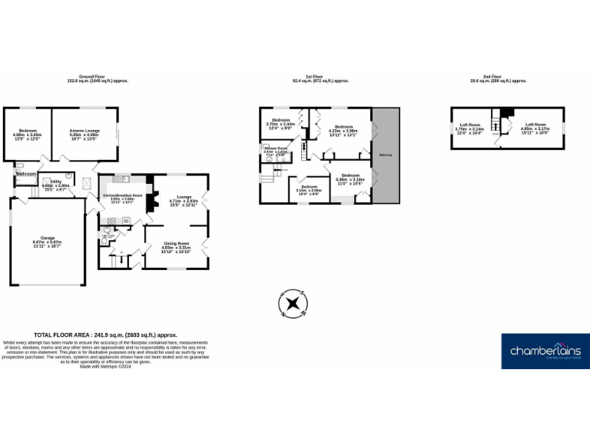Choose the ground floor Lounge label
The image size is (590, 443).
point(184,199)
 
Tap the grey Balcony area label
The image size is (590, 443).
point(386,155)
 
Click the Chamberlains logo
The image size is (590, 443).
point(545,351)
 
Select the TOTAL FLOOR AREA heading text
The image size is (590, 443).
point(105,335)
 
